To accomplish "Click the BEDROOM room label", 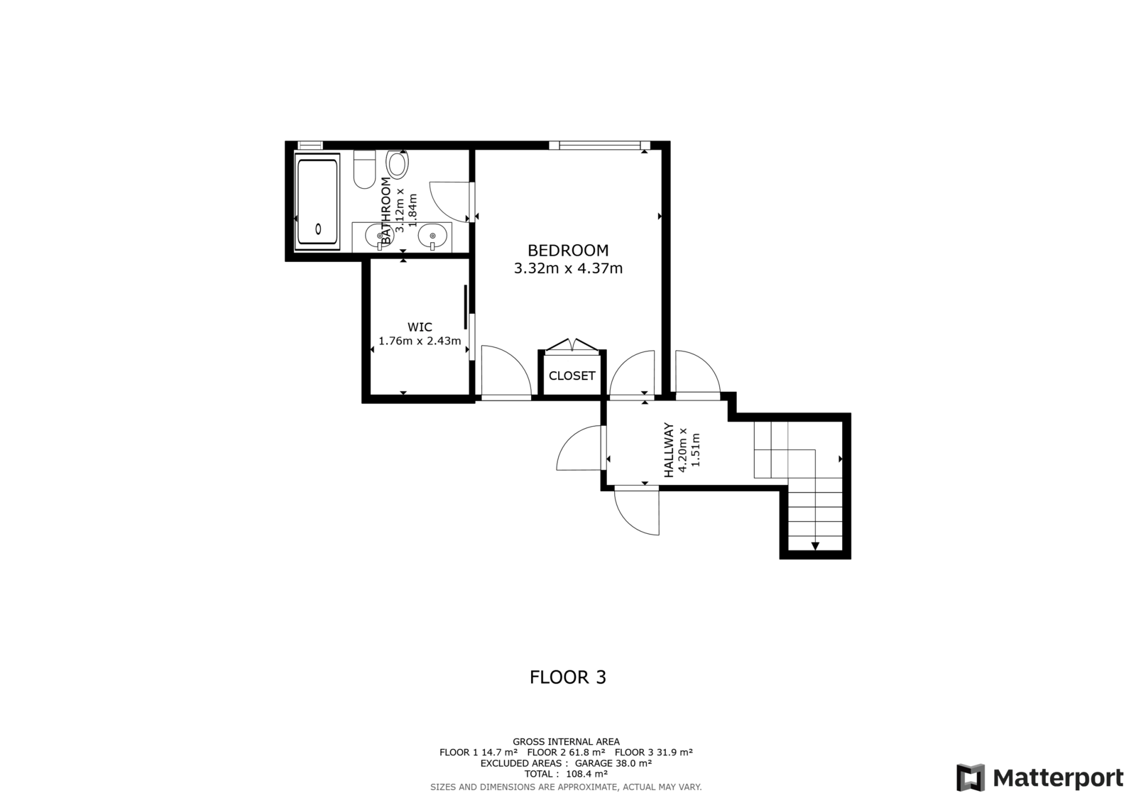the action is (x=568, y=251).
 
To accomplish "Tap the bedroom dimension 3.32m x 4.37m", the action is (x=568, y=268).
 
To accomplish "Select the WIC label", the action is (x=420, y=327).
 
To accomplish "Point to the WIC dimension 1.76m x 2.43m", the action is (x=420, y=341).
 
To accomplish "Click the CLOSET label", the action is (x=572, y=376).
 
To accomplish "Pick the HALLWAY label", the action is (x=669, y=450).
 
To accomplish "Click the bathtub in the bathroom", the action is (x=317, y=202).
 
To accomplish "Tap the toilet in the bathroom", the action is (x=365, y=169).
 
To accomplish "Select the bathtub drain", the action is (x=318, y=229).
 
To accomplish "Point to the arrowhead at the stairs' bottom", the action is (x=815, y=546).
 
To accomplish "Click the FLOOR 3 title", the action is (x=568, y=677).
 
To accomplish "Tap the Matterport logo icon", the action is (x=971, y=777).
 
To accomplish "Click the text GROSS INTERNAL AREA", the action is (x=567, y=742).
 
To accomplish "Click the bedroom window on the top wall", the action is (x=599, y=146).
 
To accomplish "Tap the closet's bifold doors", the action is (x=572, y=344).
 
